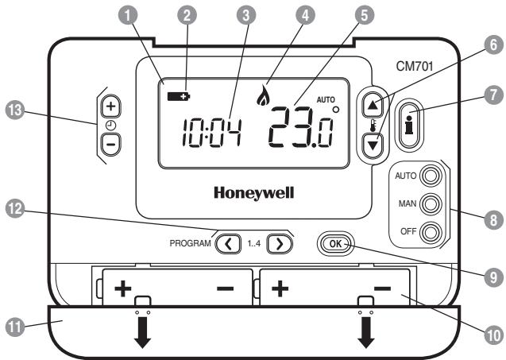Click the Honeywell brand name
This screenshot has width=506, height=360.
[252, 192]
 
